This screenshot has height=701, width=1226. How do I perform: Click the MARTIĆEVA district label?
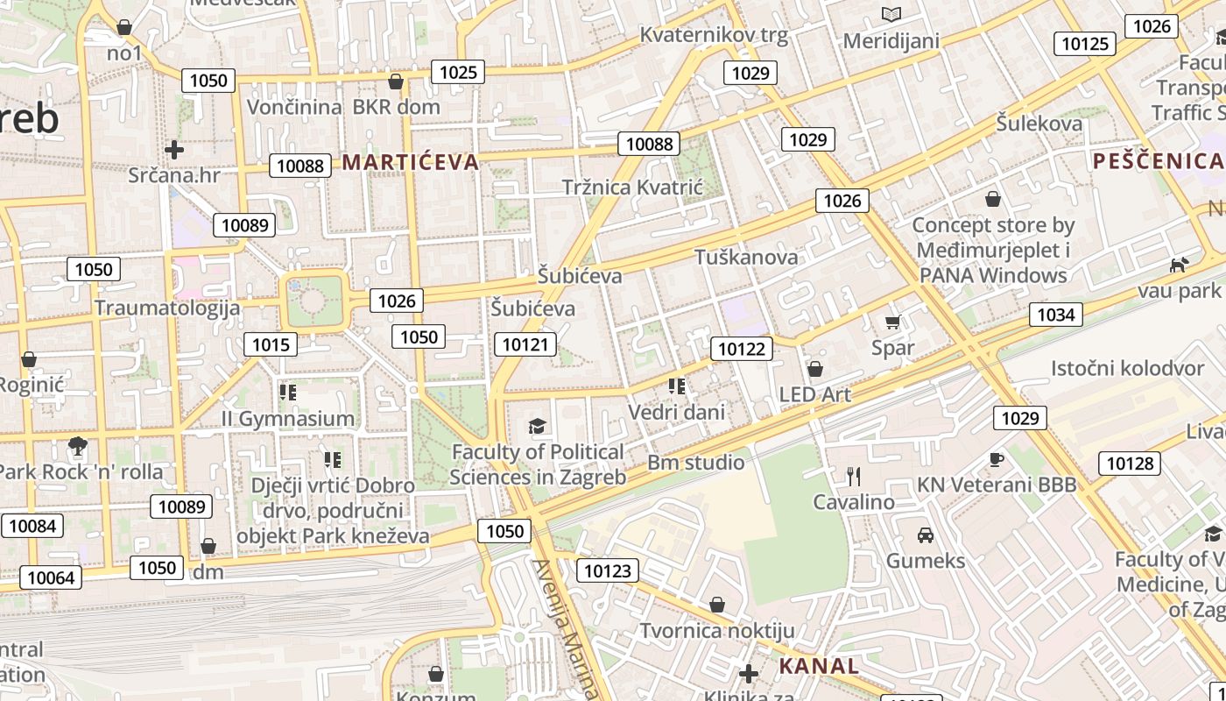pos(411,162)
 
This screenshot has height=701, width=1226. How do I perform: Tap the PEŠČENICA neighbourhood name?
pos(1157,160)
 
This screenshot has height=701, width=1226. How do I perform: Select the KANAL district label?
pos(819,666)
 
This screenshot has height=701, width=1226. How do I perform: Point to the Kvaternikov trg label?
pos(714,36)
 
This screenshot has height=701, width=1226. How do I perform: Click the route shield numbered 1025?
pos(458,72)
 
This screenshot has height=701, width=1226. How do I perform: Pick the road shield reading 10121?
pos(525,344)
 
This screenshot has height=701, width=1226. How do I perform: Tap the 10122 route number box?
pos(742,350)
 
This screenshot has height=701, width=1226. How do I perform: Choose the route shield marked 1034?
pos(1055,315)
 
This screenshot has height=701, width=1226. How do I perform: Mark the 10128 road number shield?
pos(1131,464)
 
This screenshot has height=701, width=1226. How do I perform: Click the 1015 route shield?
pos(270,344)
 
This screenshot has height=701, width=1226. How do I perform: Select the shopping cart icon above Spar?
pos(892,322)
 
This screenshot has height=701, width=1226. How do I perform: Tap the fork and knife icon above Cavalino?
pos(854,477)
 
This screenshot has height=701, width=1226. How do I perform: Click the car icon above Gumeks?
pos(925,535)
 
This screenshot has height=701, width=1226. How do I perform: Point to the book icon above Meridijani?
pos(891,15)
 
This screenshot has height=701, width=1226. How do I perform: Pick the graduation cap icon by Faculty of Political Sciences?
pos(537,427)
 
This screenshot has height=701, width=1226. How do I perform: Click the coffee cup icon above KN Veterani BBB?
pos(996,459)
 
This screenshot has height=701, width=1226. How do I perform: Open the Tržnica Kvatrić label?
pos(632,188)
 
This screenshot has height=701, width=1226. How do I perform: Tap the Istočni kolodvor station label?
pos(1128,368)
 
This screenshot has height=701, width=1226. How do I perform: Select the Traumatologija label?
pos(167,308)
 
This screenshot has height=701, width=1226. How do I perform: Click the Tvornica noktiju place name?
pos(717,631)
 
